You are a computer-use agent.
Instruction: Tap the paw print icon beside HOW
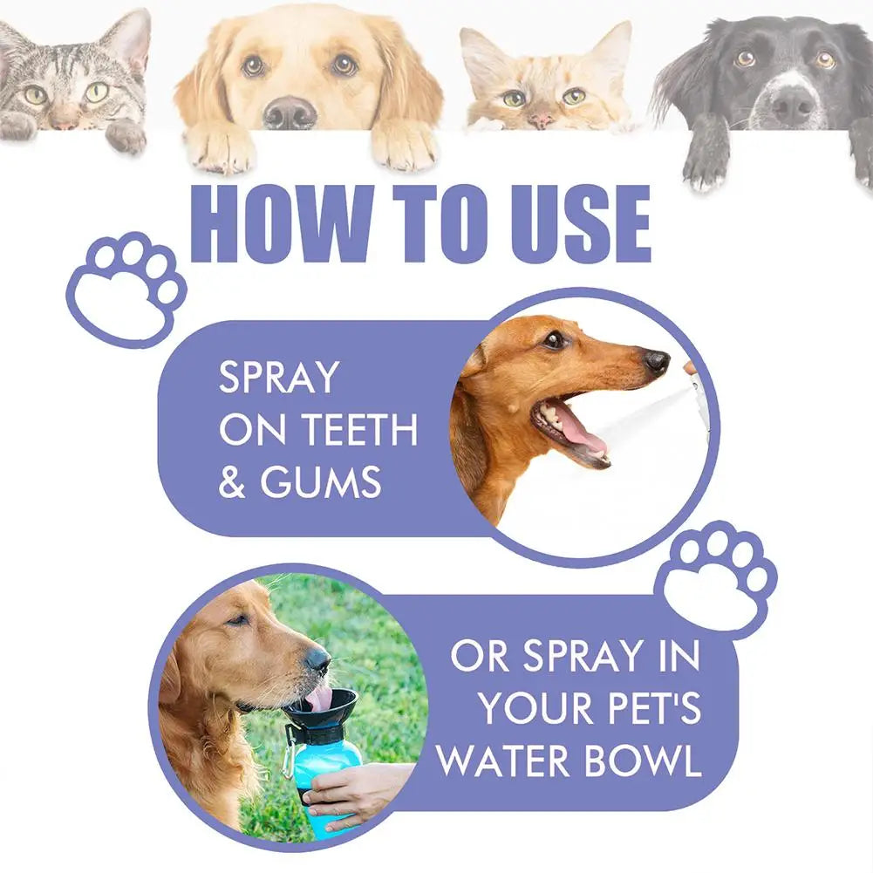pyautogui.click(x=126, y=288)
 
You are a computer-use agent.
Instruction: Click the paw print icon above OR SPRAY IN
pyautogui.click(x=719, y=576)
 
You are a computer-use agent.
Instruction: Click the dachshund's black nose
pyautogui.click(x=657, y=360)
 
